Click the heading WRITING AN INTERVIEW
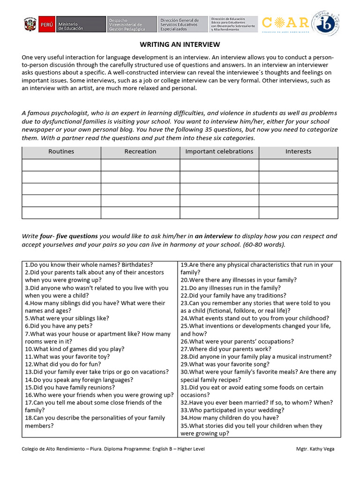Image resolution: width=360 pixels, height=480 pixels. point(180,45)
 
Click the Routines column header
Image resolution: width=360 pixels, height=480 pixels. point(61,151)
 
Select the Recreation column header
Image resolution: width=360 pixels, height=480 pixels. point(140,151)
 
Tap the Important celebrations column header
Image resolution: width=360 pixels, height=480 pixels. point(219,151)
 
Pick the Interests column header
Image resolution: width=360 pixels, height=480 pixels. point(298,151)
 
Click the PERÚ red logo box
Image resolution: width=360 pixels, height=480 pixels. point(47,25)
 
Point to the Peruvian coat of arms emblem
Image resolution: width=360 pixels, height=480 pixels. point(30,25)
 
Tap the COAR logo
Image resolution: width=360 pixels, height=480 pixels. point(286,23)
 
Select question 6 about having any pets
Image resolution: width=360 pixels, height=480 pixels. point(59,326)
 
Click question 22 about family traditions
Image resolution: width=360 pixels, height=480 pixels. point(233,295)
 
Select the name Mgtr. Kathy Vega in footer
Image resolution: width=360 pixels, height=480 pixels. point(315,449)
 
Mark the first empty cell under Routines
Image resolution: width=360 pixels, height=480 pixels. point(61,165)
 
